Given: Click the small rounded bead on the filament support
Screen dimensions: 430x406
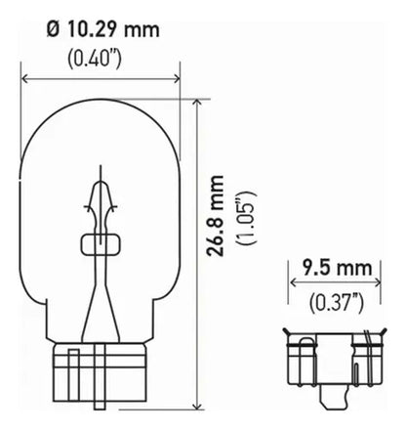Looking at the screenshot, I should point(101,241).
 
